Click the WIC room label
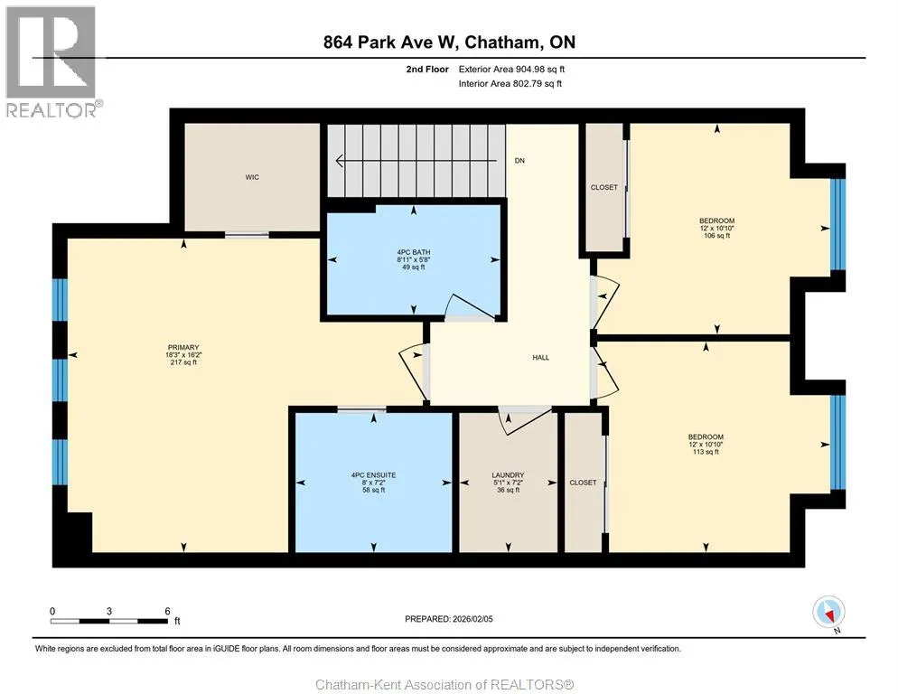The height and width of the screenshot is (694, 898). click(252, 177)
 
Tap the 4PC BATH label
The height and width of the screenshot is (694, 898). click(414, 252)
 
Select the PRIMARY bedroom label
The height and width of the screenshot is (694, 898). click(183, 347)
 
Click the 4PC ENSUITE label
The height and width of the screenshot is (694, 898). click(373, 475)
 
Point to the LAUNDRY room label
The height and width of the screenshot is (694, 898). click(508, 475)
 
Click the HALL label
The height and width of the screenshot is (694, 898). click(540, 358)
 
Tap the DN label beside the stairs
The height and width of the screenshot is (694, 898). click(519, 161)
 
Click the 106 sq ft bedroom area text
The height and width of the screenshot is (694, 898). click(717, 236)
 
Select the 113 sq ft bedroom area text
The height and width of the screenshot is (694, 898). click(706, 452)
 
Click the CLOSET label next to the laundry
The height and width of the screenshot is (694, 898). click(583, 483)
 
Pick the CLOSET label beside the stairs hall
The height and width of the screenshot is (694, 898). click(604, 187)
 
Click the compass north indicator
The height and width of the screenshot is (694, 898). click(828, 614)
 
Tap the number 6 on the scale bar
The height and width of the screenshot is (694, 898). click(167, 611)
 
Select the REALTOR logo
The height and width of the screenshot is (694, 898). click(53, 61)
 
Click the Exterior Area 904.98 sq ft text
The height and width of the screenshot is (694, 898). click(511, 70)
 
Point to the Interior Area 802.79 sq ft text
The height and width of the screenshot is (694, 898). click(510, 84)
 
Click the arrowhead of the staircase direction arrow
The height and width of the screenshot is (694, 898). click(339, 161)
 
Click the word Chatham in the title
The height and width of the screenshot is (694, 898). click(500, 42)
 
